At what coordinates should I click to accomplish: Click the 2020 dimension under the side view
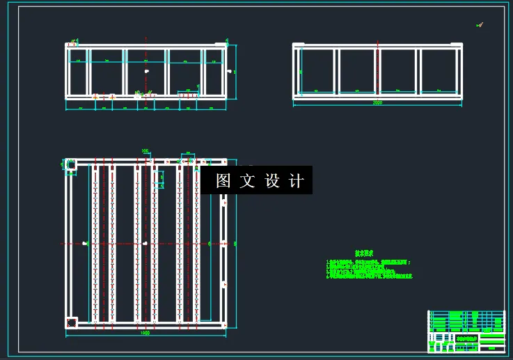[x=378, y=103]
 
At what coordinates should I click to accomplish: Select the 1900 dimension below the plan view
[x=145, y=333]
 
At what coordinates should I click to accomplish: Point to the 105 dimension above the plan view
[x=145, y=150]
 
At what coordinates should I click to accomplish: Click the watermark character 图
[x=223, y=181]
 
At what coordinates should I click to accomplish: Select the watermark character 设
[x=272, y=181]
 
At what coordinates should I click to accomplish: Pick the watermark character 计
[x=297, y=181]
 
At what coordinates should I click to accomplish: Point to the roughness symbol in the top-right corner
[x=479, y=25]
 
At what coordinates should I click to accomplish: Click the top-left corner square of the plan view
[x=71, y=164]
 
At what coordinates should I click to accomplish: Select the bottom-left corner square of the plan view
[x=71, y=322]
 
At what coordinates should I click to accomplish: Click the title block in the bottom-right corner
[x=466, y=331]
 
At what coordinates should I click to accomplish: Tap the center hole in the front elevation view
[x=146, y=71]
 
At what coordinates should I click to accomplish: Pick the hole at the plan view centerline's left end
[x=84, y=243]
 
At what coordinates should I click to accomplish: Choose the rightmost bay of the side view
[x=439, y=70]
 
